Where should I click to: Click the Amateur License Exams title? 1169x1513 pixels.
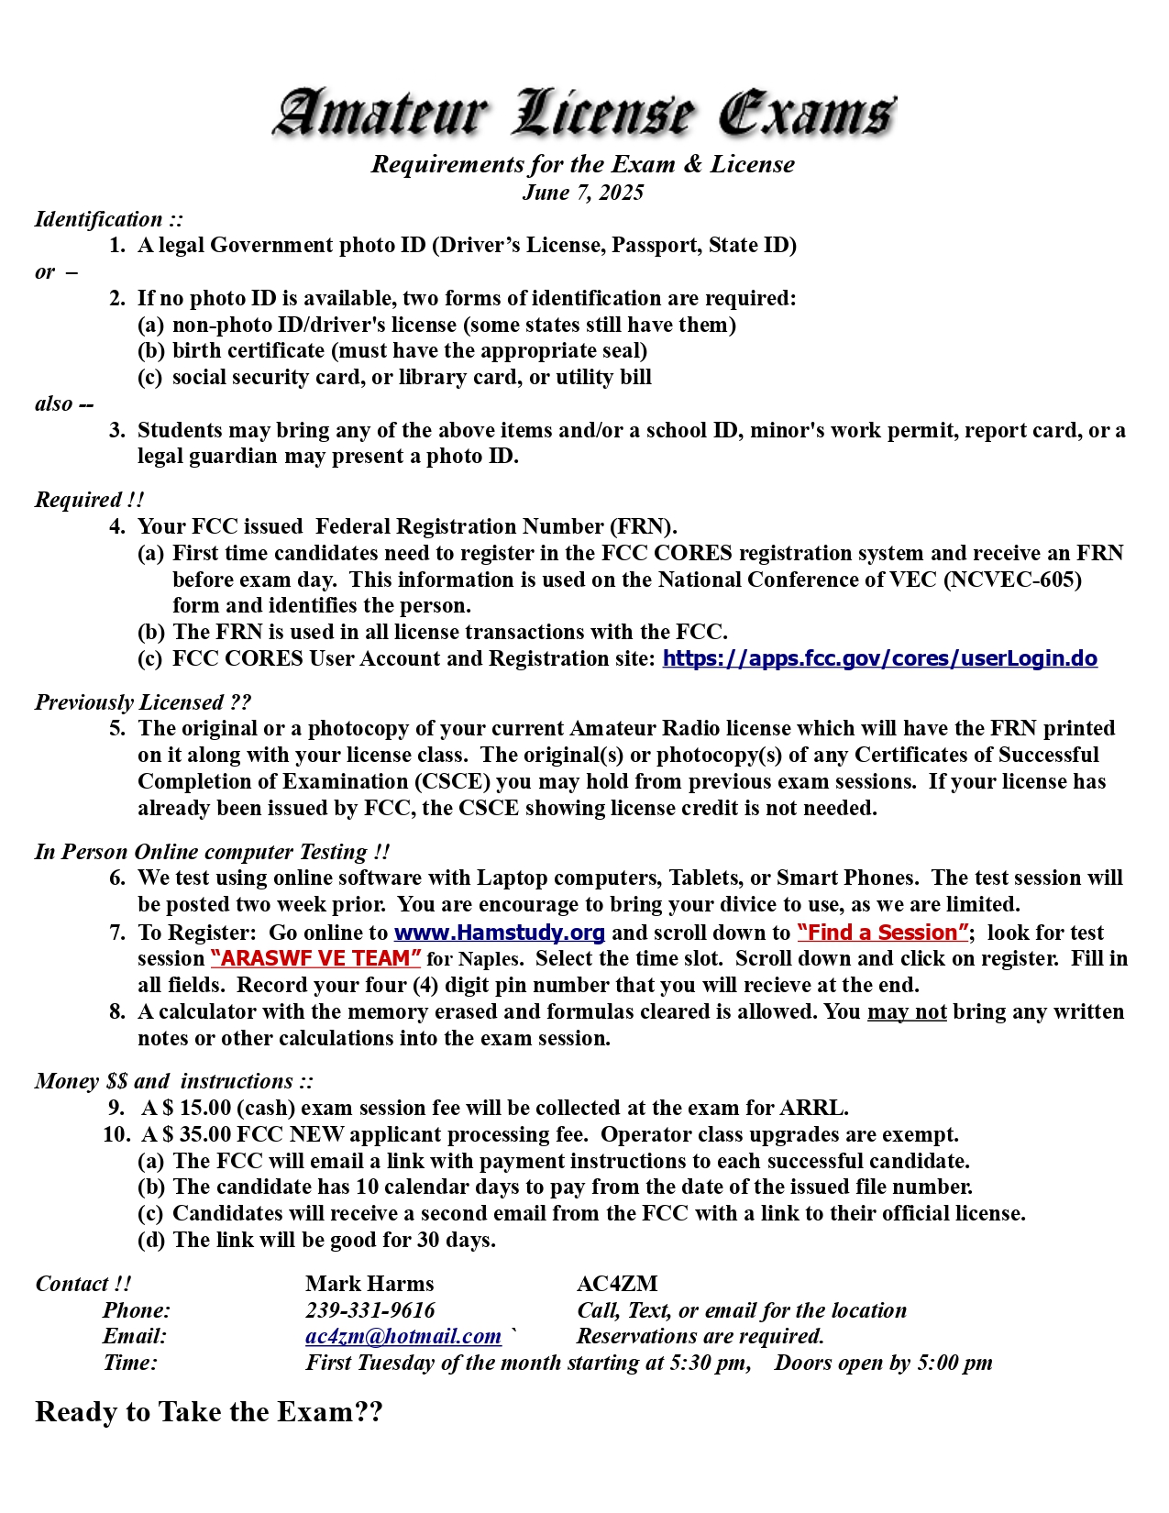[x=583, y=114]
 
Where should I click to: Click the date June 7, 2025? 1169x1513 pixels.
[x=583, y=193]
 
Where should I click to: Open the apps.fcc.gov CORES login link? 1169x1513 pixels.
[x=879, y=658]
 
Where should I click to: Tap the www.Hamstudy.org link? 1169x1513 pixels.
[x=499, y=933]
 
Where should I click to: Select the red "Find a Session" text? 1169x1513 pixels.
[x=883, y=933]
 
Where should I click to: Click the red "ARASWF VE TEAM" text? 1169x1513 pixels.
[x=315, y=958]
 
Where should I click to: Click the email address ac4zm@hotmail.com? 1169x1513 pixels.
[x=403, y=1336]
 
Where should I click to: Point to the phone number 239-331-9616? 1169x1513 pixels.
[x=369, y=1310]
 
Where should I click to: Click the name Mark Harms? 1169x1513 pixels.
[x=369, y=1284]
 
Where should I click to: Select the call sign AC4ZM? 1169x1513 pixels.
[x=617, y=1284]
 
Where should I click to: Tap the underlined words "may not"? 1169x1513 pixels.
[x=906, y=1011]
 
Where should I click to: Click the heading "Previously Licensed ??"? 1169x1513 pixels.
[x=143, y=702]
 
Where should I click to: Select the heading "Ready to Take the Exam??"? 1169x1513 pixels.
[x=209, y=1412]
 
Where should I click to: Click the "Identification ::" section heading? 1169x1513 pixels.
[x=109, y=219]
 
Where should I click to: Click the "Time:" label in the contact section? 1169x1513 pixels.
[x=130, y=1363]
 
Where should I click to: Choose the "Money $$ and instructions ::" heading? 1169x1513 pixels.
[x=174, y=1081]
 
